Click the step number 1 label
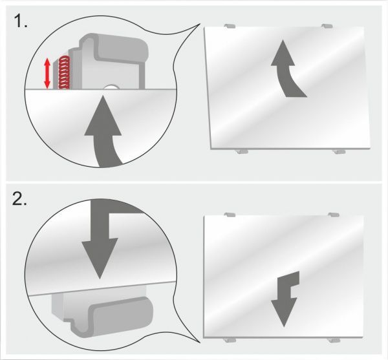(x=21, y=21)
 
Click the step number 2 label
(x=20, y=199)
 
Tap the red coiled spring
(x=64, y=72)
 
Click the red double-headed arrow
(x=47, y=74)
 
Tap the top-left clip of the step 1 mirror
(x=230, y=26)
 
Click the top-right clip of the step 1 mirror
(x=327, y=26)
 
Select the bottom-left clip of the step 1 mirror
(x=242, y=151)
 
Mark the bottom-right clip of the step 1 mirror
(x=339, y=151)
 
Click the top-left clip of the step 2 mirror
(x=230, y=215)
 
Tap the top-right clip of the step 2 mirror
(x=334, y=215)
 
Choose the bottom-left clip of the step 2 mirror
(x=230, y=340)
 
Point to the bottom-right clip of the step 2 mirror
(x=334, y=340)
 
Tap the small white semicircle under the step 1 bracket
(x=111, y=87)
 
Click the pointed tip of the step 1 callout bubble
(x=200, y=24)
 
